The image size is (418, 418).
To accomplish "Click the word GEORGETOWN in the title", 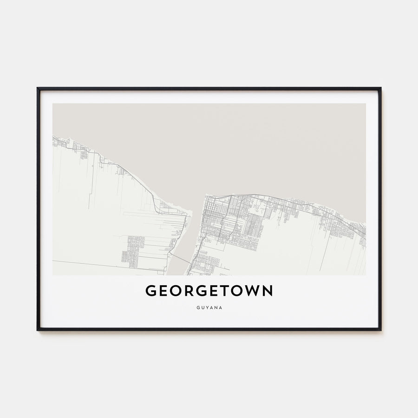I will pos(209,291).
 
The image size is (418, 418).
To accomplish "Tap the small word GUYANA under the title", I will pos(209,307).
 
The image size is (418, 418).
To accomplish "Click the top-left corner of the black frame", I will pos(38,88).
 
